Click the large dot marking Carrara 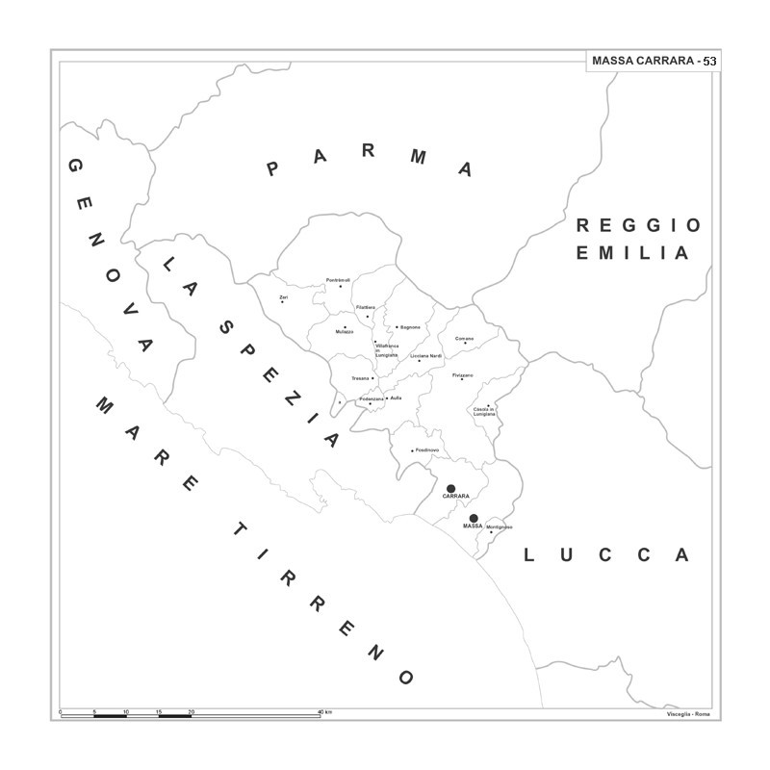pyautogui.click(x=450, y=488)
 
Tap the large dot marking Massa pyautogui.click(x=473, y=518)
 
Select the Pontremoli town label pyautogui.click(x=338, y=280)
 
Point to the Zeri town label pyautogui.click(x=283, y=297)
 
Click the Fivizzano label pyautogui.click(x=463, y=374)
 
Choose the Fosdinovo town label pyautogui.click(x=426, y=450)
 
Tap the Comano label pyautogui.click(x=465, y=338)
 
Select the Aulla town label pyautogui.click(x=396, y=398)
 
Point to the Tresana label pyautogui.click(x=360, y=378)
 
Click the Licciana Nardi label pyautogui.click(x=425, y=356)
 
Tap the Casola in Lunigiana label pyautogui.click(x=484, y=412)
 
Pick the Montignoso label pyautogui.click(x=500, y=526)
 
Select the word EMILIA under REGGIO pyautogui.click(x=632, y=254)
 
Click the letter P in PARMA pyautogui.click(x=272, y=170)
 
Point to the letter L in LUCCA pyautogui.click(x=530, y=554)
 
